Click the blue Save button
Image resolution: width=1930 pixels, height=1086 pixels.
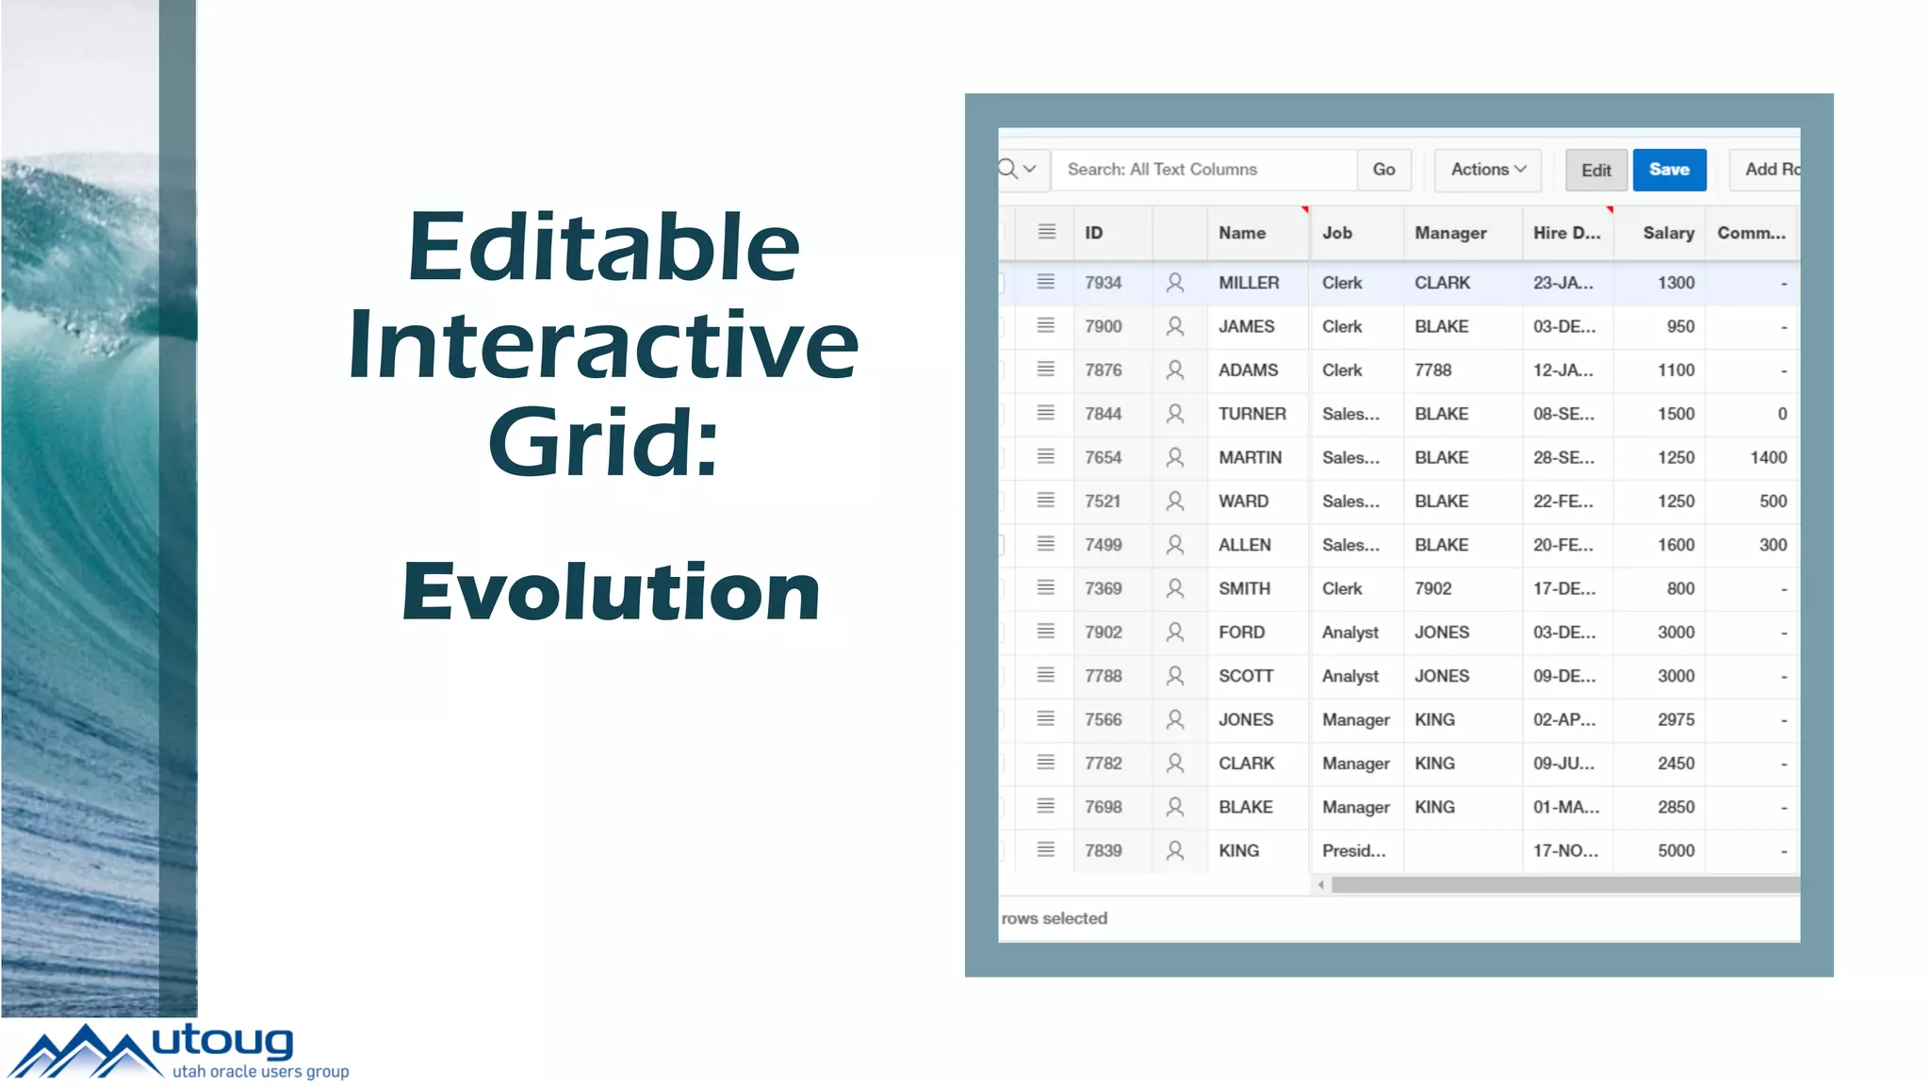coord(1669,170)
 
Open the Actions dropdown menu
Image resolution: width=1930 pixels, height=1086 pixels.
coord(1487,170)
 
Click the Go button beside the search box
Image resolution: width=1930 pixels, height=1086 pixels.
coord(1383,170)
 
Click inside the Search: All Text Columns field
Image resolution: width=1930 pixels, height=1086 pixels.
coord(1203,170)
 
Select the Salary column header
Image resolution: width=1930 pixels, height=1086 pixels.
coord(1668,233)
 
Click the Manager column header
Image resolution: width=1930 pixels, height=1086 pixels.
coord(1450,233)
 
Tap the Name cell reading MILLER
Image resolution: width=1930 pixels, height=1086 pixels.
coord(1249,283)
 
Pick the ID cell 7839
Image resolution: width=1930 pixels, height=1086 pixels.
coord(1103,850)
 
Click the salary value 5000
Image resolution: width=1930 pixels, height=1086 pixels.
coord(1676,850)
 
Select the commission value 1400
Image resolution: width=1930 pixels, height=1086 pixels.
coord(1768,457)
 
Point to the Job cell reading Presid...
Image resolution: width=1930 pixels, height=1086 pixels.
coord(1353,850)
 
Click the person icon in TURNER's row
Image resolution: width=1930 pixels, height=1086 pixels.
coord(1175,414)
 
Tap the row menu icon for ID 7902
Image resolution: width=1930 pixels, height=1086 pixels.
coord(1046,632)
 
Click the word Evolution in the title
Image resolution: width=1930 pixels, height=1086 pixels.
coord(611,591)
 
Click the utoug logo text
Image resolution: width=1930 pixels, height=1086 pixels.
coord(222,1042)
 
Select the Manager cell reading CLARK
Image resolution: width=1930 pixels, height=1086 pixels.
coord(1442,283)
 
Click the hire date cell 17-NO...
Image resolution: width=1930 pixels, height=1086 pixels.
coord(1565,850)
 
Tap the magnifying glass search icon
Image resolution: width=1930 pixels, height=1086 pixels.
coord(1008,169)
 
